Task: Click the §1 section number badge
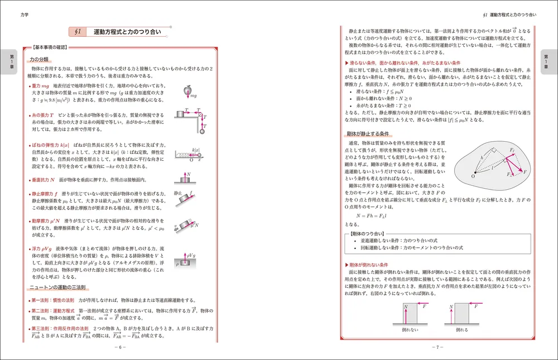tap(78, 32)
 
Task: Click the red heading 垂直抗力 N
tap(44, 180)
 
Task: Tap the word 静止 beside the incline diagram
tap(177, 193)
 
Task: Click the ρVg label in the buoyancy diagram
tap(190, 255)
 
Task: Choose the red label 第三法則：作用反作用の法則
tap(60, 328)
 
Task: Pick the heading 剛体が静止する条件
tap(368, 134)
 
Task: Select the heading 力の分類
tap(40, 59)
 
